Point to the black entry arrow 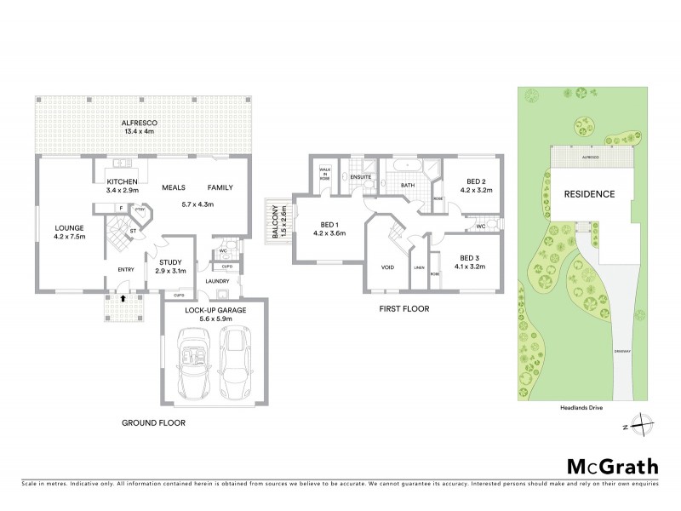[123, 299]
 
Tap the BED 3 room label [471, 262]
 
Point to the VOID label [387, 268]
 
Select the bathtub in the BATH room [407, 164]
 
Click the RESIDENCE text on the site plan [589, 193]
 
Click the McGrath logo [614, 466]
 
